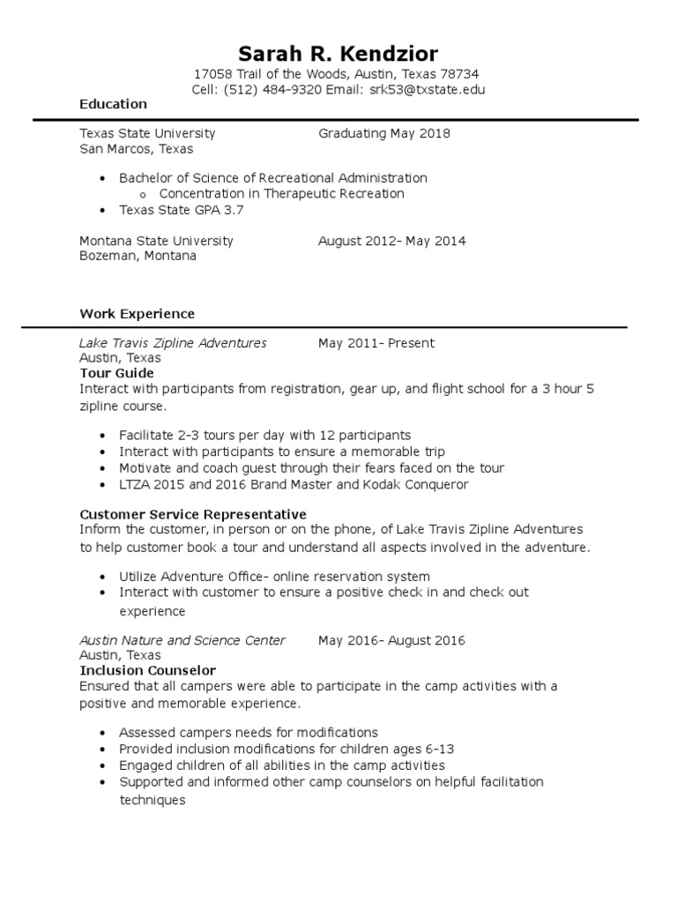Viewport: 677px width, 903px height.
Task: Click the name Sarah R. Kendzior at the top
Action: coord(338,54)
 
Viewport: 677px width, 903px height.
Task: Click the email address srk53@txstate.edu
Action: coord(427,90)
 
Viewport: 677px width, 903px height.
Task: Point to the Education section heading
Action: coord(113,104)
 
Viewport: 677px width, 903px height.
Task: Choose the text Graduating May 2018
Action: coord(383,133)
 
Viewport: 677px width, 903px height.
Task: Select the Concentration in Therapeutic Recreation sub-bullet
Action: coord(281,193)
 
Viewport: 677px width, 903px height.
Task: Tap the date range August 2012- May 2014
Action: coord(391,241)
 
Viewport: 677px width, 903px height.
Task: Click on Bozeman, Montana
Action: coord(138,256)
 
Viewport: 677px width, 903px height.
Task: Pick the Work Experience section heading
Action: coord(137,314)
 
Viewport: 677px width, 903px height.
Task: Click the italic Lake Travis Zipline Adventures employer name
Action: coord(173,343)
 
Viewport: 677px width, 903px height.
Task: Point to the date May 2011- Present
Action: coord(376,343)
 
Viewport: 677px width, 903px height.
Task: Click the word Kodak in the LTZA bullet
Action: coord(388,484)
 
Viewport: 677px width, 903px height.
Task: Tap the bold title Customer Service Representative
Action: coord(192,514)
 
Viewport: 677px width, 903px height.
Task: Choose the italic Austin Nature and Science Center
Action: coord(182,640)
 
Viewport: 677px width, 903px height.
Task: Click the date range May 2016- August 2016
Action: coord(391,640)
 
